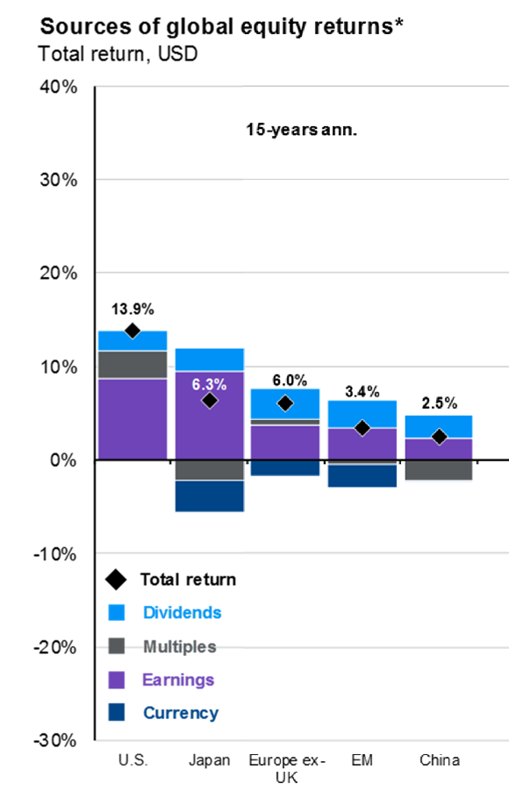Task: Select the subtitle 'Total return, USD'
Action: pos(118,53)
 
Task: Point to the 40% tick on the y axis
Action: pos(58,87)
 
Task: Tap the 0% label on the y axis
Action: pos(65,460)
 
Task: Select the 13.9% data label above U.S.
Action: pos(133,309)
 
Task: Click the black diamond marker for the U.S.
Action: pos(133,331)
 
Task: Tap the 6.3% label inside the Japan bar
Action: pos(209,383)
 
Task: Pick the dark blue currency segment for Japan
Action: pos(209,496)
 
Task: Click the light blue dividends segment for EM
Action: pos(362,414)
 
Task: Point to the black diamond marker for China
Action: pos(439,437)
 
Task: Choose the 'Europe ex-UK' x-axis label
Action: pos(285,767)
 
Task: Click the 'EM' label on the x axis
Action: pos(362,759)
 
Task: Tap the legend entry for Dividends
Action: pos(183,612)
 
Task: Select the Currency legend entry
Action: pos(181,713)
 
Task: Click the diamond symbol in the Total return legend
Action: pos(114,580)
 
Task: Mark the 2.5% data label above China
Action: pos(439,403)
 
